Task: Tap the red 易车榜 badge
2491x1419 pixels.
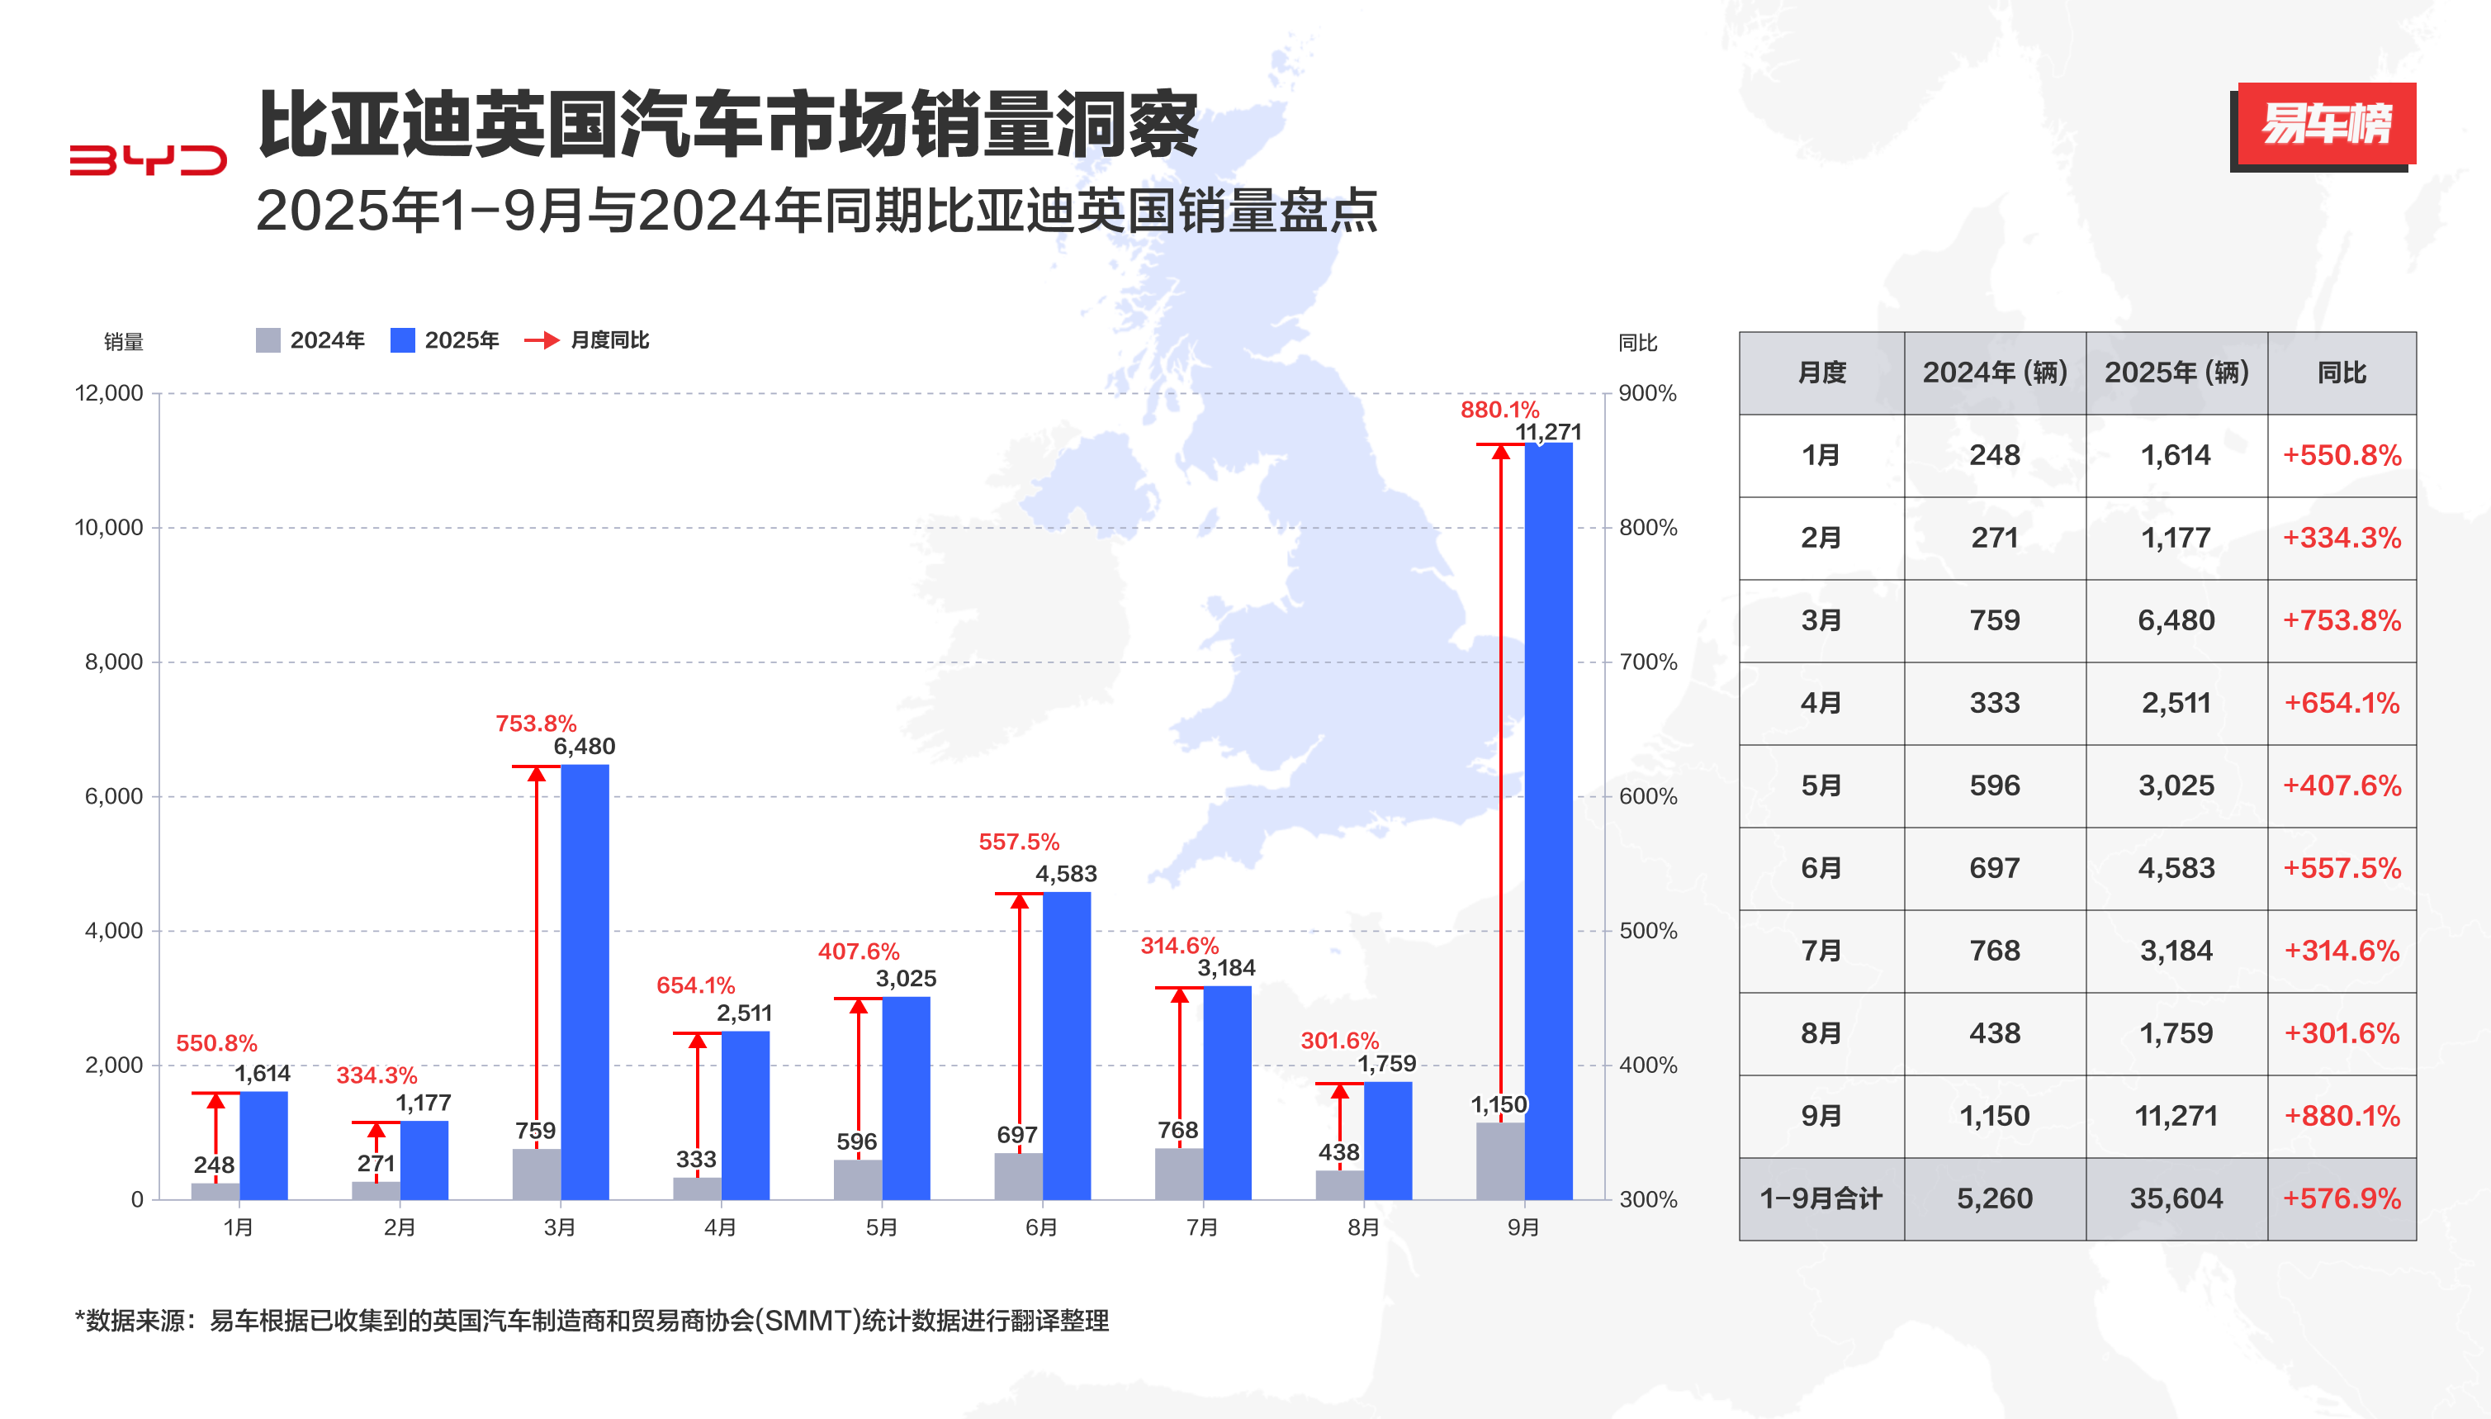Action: point(2325,124)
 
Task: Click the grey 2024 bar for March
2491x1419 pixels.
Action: point(536,1174)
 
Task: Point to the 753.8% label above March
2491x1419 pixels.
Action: point(536,724)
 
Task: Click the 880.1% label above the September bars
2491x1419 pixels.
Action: point(1499,410)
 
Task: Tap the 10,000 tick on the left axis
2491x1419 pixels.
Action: point(109,527)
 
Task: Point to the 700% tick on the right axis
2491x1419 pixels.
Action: point(1647,662)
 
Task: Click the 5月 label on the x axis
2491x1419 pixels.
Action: point(881,1227)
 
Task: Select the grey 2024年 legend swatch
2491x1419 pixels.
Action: point(268,340)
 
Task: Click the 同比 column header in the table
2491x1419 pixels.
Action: point(2341,373)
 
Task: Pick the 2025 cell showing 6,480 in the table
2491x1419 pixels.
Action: point(2176,619)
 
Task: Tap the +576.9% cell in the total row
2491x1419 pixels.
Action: point(2341,1198)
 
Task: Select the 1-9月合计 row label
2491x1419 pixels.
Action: point(1820,1198)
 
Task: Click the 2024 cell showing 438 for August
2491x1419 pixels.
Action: point(1994,1033)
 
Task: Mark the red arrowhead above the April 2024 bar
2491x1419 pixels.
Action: point(698,1041)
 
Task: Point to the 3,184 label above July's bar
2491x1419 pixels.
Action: point(1225,968)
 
